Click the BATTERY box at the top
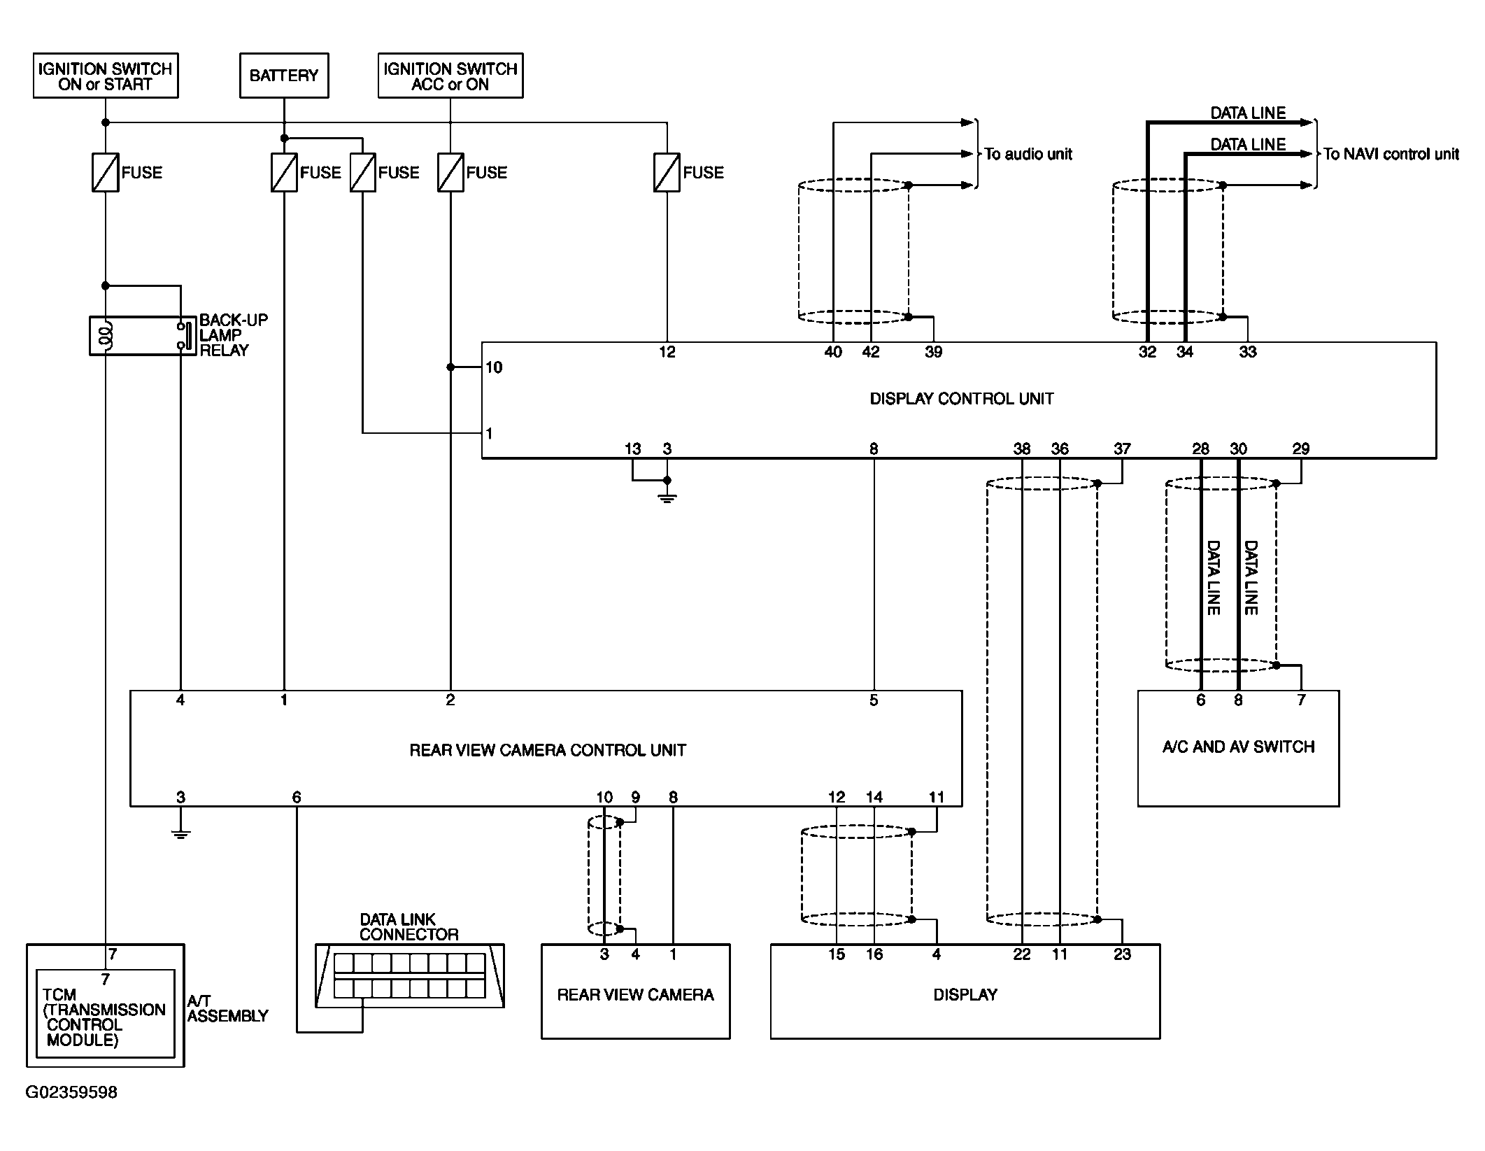[284, 76]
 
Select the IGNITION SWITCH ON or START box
[106, 76]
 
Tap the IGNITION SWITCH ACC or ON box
[450, 76]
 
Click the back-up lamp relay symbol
[143, 336]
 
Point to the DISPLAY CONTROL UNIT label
[961, 399]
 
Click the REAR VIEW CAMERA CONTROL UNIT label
[548, 751]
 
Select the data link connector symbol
[409, 975]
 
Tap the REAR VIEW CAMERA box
[635, 994]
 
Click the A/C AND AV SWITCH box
[1238, 747]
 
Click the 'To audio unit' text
[1028, 154]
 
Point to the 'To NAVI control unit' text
[1391, 154]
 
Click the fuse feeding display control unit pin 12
[667, 173]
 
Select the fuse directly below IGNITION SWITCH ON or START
[106, 173]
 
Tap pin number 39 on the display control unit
[933, 352]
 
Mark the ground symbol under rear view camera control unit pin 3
[180, 833]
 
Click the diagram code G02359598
[71, 1092]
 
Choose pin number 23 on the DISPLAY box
[1122, 954]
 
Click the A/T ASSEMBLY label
[227, 1009]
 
